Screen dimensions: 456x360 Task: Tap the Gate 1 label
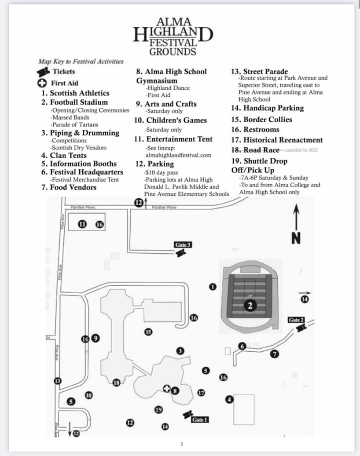(x=199, y=420)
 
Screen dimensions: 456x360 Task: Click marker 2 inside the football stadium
(x=250, y=306)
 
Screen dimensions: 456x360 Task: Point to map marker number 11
(x=82, y=224)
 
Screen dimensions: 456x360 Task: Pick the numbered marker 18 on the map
(x=117, y=383)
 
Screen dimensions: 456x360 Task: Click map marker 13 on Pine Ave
(x=57, y=381)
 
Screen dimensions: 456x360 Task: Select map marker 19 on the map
(x=159, y=410)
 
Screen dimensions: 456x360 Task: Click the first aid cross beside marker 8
(x=167, y=388)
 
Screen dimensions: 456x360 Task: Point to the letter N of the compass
(x=296, y=238)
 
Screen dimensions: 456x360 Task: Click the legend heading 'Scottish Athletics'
(x=79, y=93)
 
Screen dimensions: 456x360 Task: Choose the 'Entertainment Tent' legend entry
(x=179, y=139)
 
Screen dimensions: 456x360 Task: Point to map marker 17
(x=202, y=393)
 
